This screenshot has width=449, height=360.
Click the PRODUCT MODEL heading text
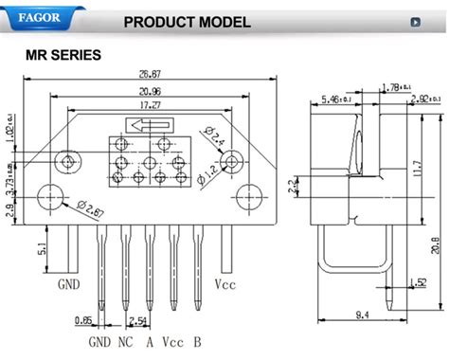pyautogui.click(x=188, y=21)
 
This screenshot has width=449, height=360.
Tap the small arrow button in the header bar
pyautogui.click(x=414, y=21)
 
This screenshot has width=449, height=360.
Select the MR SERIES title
pyautogui.click(x=63, y=55)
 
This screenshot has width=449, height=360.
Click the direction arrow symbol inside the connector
pyautogui.click(x=143, y=123)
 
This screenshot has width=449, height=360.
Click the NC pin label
pyautogui.click(x=126, y=343)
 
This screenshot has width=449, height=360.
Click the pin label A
pyautogui.click(x=150, y=343)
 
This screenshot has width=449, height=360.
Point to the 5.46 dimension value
pyautogui.click(x=335, y=99)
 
